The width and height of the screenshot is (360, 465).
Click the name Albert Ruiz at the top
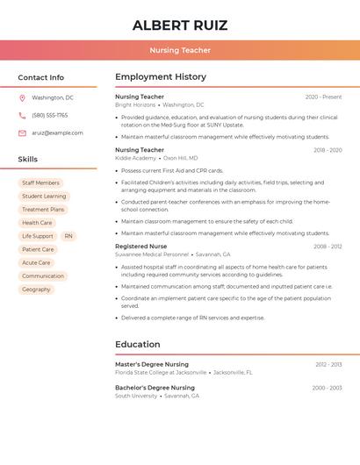(180, 25)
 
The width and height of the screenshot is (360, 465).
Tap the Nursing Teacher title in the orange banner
(180, 50)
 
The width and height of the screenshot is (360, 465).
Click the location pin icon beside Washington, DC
(22, 98)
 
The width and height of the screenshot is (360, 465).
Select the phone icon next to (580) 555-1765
(22, 115)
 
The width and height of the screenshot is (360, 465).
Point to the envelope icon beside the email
(22, 132)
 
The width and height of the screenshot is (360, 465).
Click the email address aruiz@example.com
(57, 132)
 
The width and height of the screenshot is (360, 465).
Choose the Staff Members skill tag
(40, 183)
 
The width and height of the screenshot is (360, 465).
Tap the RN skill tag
(68, 236)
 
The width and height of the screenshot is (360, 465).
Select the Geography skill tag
(36, 289)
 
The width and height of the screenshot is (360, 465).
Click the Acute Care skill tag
(36, 262)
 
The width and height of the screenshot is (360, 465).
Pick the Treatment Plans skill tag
(43, 210)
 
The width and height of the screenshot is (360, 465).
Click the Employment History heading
(161, 77)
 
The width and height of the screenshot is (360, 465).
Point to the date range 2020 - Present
(323, 97)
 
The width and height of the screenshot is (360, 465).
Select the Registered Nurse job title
(140, 247)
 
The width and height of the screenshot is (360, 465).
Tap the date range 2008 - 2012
(328, 247)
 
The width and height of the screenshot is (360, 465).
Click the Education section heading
(139, 345)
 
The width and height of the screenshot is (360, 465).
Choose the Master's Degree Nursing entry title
(152, 364)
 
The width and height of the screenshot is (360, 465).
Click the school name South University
(136, 396)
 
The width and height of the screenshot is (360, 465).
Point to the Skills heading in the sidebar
(28, 160)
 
